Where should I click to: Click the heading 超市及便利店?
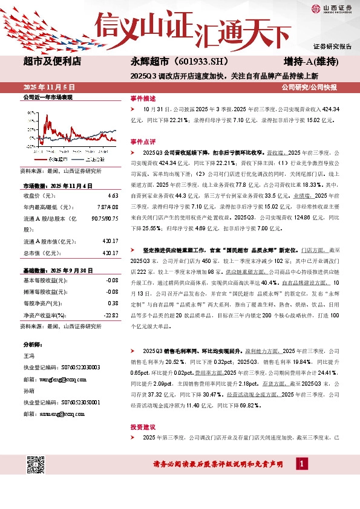(52, 61)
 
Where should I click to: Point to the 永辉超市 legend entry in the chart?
(57, 158)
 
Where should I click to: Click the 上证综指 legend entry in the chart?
(95, 158)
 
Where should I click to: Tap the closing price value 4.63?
(112, 196)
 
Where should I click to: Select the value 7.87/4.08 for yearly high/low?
(107, 207)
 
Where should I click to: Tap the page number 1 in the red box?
(301, 463)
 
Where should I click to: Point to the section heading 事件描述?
(142, 98)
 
